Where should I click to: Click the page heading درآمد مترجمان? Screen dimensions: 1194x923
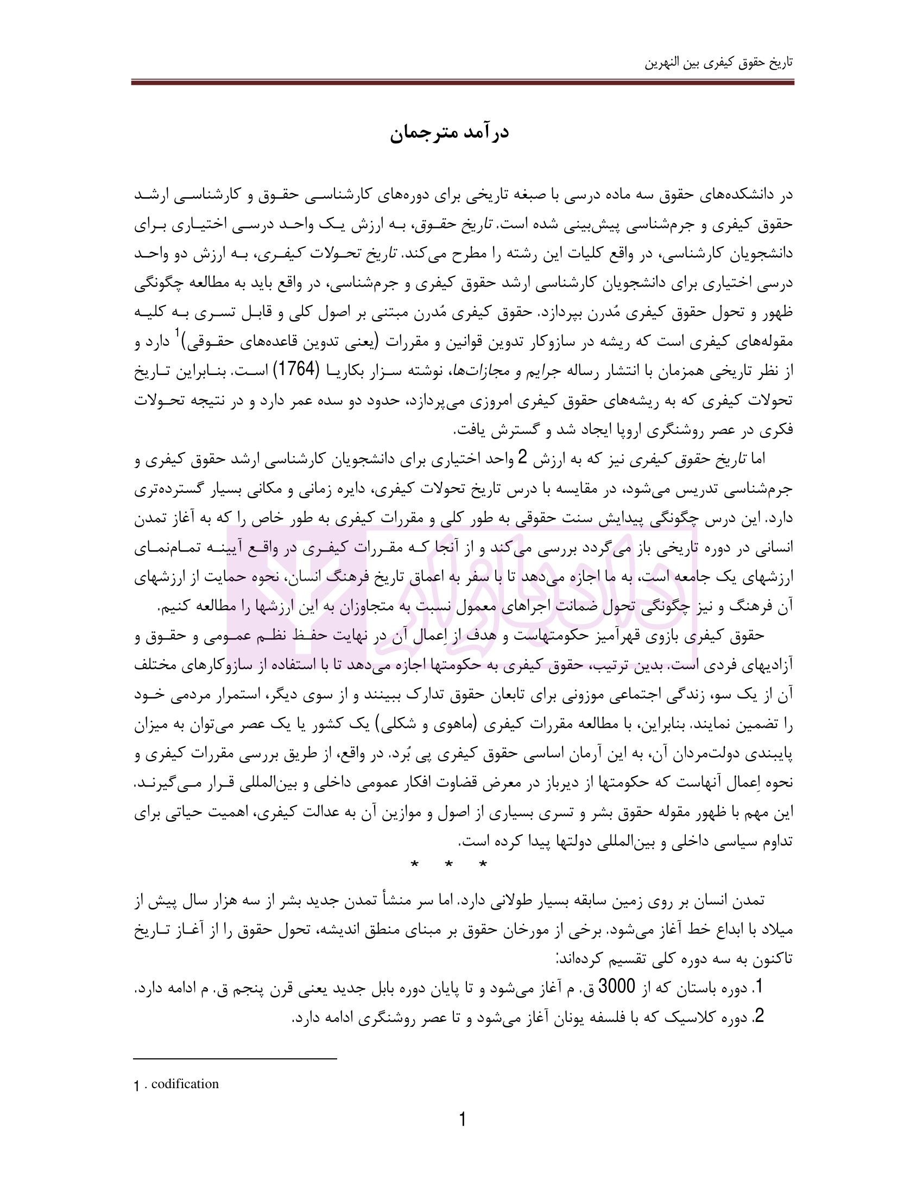point(449,133)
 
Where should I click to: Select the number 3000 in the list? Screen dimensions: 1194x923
point(617,987)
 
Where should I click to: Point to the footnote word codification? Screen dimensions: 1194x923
point(185,1084)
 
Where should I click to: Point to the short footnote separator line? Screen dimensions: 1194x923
point(235,1059)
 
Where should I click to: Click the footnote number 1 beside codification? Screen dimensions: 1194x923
point(137,1085)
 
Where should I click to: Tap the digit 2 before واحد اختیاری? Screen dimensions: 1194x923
point(522,458)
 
